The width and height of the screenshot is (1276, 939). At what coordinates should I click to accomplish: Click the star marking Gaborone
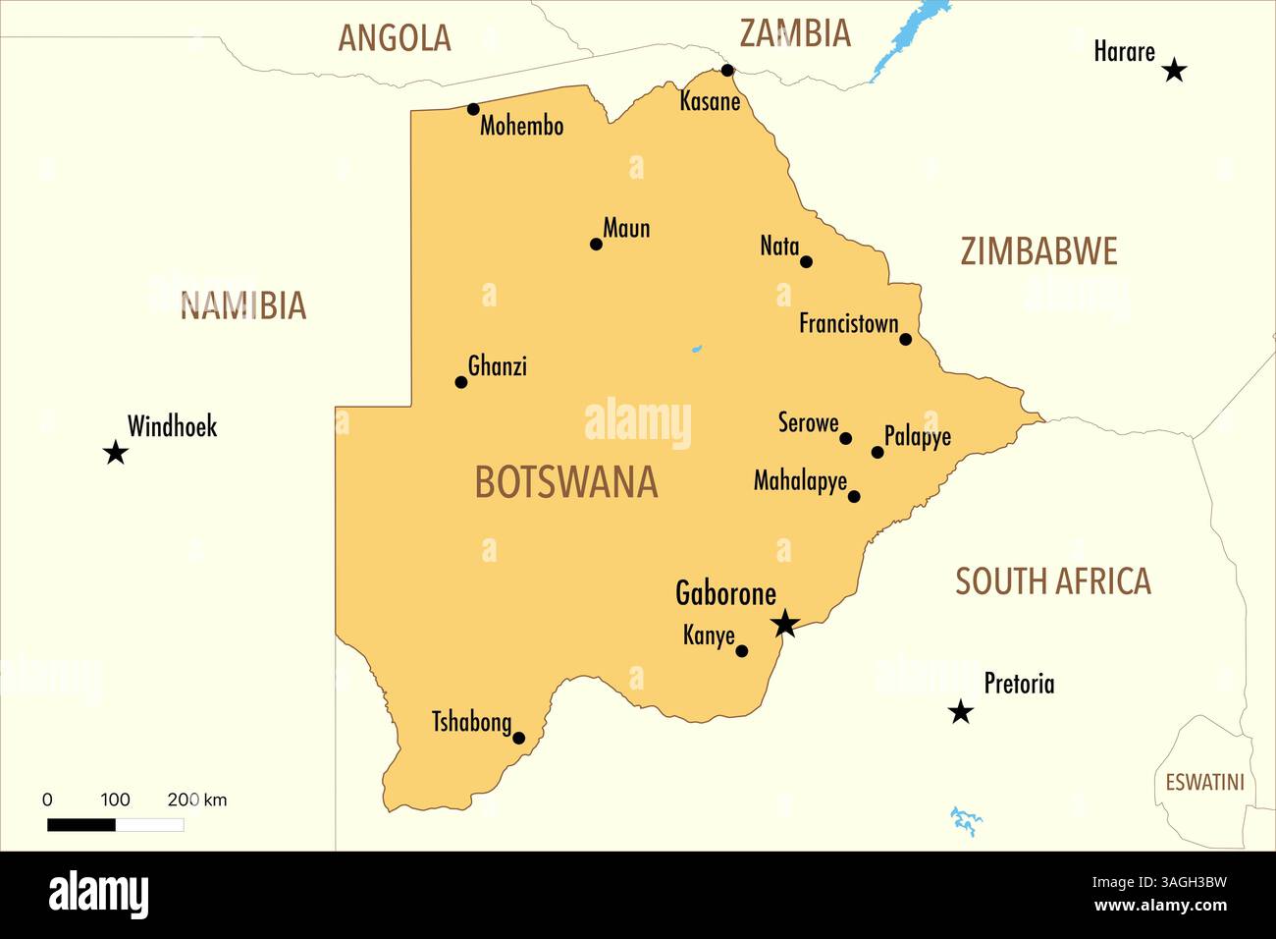[x=784, y=623]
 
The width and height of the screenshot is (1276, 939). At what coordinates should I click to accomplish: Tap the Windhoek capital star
[x=116, y=453]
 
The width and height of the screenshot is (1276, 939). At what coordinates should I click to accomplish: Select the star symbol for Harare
[x=1174, y=70]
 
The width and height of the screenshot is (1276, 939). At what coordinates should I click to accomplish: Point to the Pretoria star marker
[x=961, y=712]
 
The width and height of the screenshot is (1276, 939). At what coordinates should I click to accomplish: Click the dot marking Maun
[x=596, y=244]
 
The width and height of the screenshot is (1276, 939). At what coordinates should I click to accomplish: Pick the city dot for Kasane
[x=727, y=70]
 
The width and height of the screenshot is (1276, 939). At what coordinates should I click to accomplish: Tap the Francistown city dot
[x=905, y=339]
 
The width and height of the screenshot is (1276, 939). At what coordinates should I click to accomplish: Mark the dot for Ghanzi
[x=461, y=382]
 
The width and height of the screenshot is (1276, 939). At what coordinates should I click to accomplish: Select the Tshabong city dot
[x=519, y=738]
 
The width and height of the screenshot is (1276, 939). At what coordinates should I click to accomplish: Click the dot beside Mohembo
[x=473, y=109]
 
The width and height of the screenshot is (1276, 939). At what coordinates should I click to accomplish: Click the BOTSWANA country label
[x=566, y=482]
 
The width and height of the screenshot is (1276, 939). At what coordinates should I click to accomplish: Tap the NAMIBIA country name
[x=243, y=305]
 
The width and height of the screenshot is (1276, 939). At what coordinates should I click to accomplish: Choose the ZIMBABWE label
[x=1038, y=251]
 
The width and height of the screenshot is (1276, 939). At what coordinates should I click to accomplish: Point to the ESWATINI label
[x=1204, y=783]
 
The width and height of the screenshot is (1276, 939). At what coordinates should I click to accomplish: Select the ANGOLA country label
[x=395, y=37]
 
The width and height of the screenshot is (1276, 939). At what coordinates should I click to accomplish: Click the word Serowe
[x=808, y=423]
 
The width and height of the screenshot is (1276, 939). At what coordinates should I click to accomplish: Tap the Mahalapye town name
[x=800, y=481]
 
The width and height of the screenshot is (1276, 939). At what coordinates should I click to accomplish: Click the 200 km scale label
[x=196, y=800]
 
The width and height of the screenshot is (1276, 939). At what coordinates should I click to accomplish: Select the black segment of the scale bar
[x=81, y=825]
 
